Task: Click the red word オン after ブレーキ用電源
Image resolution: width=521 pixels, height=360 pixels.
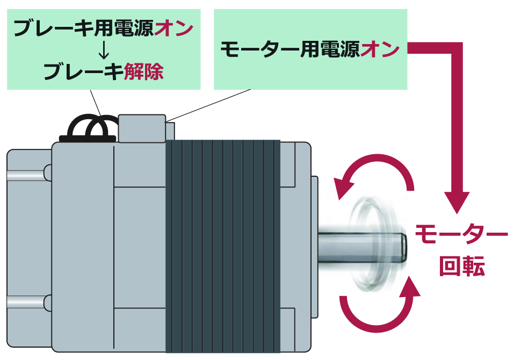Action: click(x=173, y=28)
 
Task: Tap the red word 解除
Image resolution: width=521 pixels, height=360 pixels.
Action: click(x=143, y=71)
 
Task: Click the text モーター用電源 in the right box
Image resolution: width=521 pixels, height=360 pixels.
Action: click(x=290, y=49)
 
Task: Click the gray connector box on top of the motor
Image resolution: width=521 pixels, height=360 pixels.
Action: click(x=142, y=128)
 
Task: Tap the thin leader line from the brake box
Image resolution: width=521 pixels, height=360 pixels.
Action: click(x=96, y=102)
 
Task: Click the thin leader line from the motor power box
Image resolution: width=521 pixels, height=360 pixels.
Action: click(x=209, y=104)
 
